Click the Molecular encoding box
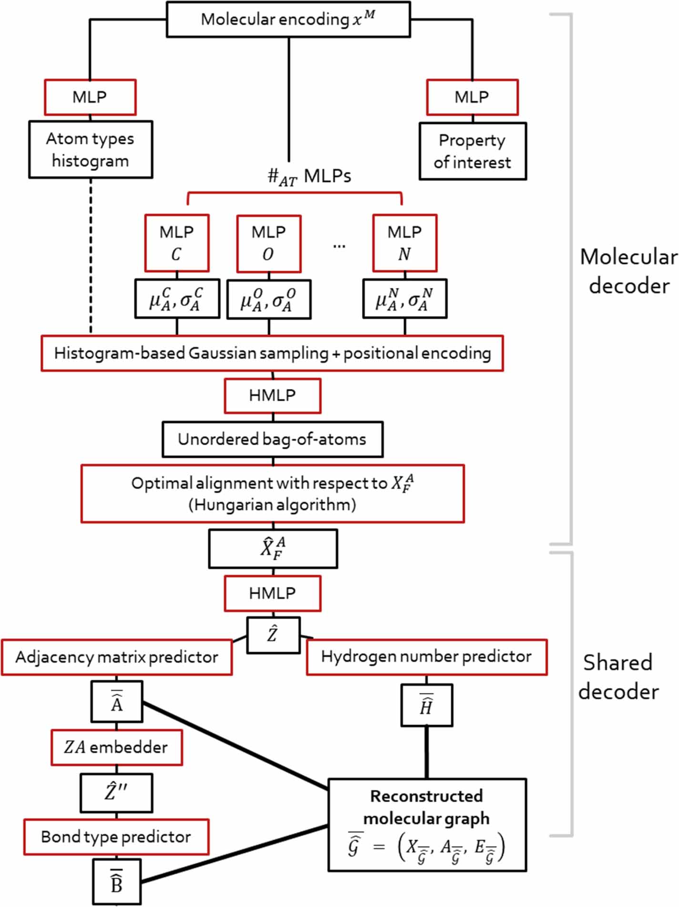coord(288,20)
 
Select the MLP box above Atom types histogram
coord(90,97)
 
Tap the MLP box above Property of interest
coord(472,97)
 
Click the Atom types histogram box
coord(91,150)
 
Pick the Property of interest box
coord(472,151)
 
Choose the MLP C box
coord(177,243)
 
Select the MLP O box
coord(269,243)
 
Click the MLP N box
coord(405,243)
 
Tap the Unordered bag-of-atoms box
coord(272,439)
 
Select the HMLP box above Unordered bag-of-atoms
coord(272,395)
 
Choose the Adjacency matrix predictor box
coord(117,657)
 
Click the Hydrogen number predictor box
coord(426,657)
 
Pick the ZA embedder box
coord(116,747)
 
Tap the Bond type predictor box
coord(116,837)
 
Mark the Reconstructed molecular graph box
coord(427,825)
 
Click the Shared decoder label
coord(618,677)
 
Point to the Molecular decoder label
coord(628,271)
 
